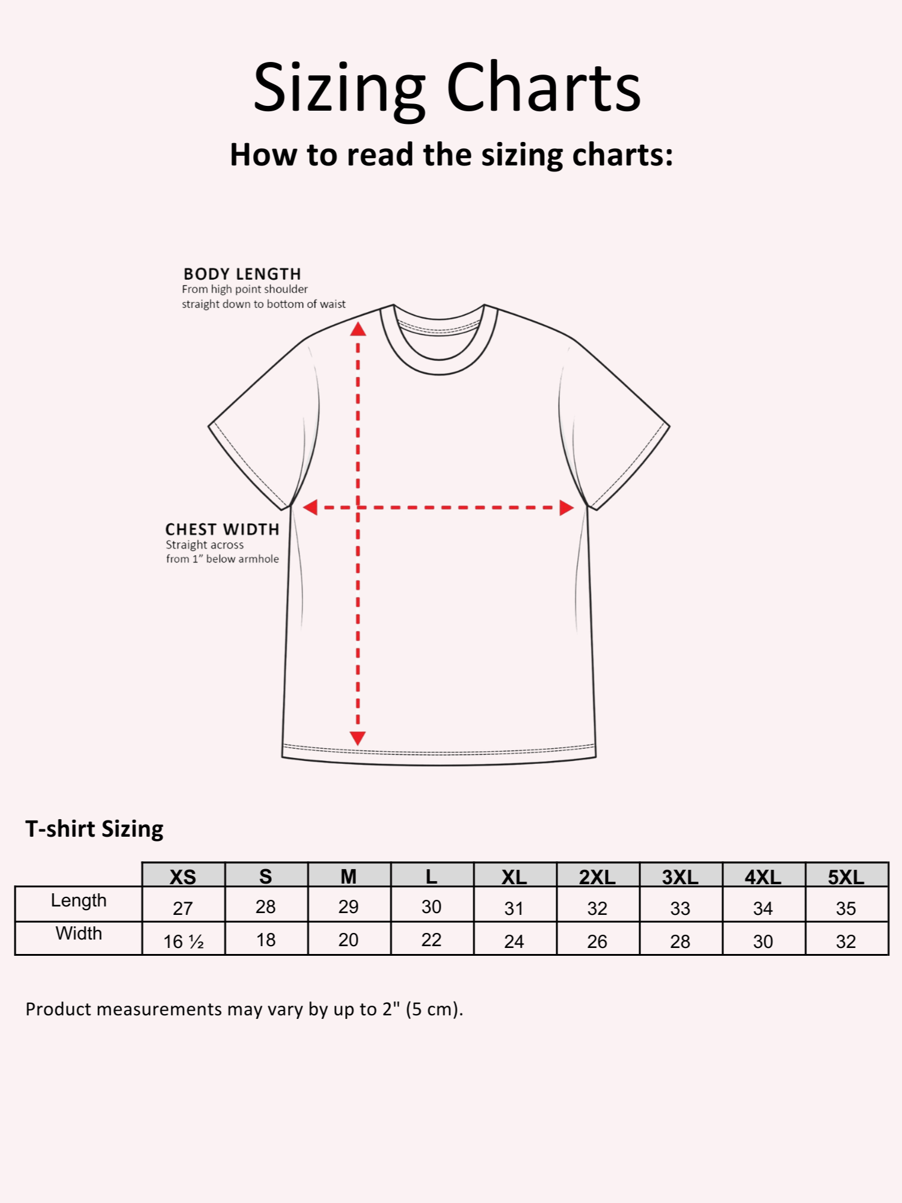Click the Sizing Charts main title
click(x=447, y=88)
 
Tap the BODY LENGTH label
click(x=242, y=274)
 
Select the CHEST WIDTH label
click(x=222, y=529)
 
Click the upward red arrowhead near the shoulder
click(x=358, y=329)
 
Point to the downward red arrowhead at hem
click(x=358, y=738)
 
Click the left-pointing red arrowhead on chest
click(x=310, y=508)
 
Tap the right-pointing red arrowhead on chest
click(x=566, y=508)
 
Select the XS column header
click(x=183, y=876)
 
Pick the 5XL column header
click(x=846, y=876)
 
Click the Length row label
click(x=79, y=900)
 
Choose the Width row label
click(x=79, y=934)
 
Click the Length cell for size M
click(x=349, y=907)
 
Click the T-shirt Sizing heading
click(x=94, y=829)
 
